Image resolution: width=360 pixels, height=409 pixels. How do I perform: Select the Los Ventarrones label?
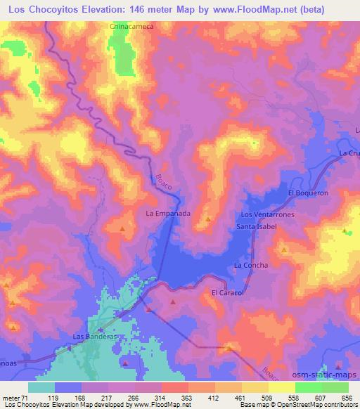267,214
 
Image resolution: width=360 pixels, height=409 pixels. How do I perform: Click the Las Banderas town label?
94,337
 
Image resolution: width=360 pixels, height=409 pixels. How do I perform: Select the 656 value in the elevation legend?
347,397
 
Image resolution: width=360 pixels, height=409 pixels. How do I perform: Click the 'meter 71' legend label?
15,397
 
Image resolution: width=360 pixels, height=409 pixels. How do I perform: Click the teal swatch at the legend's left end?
41,387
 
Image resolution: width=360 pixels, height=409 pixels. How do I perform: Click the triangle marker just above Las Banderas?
101,328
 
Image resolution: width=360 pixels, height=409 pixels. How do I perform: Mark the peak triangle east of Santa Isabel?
283,249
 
